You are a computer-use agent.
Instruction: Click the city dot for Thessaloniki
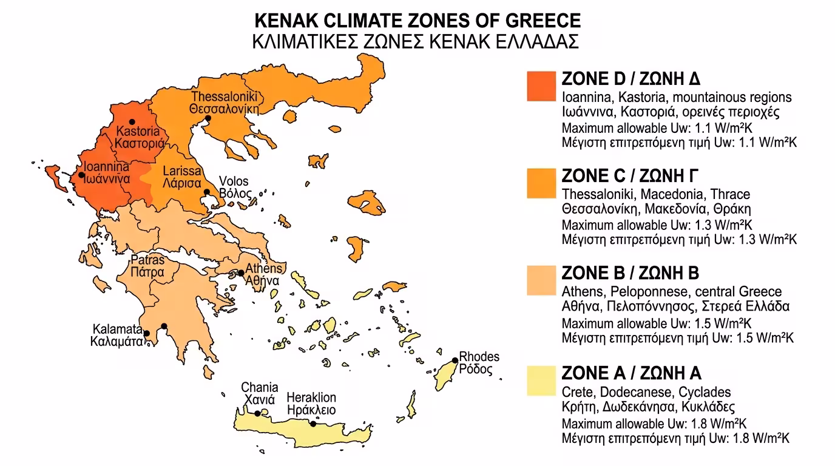[208, 118]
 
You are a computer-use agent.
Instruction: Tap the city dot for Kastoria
[132, 122]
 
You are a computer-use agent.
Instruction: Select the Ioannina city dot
[81, 175]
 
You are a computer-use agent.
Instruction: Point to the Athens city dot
[241, 273]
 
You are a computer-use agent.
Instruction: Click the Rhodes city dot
[455, 360]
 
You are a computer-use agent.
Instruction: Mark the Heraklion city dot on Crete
[313, 425]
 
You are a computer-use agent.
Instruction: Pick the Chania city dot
[258, 414]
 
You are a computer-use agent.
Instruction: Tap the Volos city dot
[207, 192]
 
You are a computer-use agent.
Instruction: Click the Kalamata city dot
[146, 333]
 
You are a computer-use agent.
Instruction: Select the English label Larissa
[182, 171]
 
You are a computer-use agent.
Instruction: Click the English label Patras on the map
[147, 261]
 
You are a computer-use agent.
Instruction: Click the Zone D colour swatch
[541, 86]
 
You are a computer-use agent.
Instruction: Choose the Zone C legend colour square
[541, 183]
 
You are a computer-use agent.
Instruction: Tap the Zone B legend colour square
[541, 280]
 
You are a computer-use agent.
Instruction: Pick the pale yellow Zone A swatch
[541, 380]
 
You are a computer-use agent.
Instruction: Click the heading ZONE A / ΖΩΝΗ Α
[632, 372]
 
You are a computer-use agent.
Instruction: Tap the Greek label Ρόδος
[476, 370]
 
